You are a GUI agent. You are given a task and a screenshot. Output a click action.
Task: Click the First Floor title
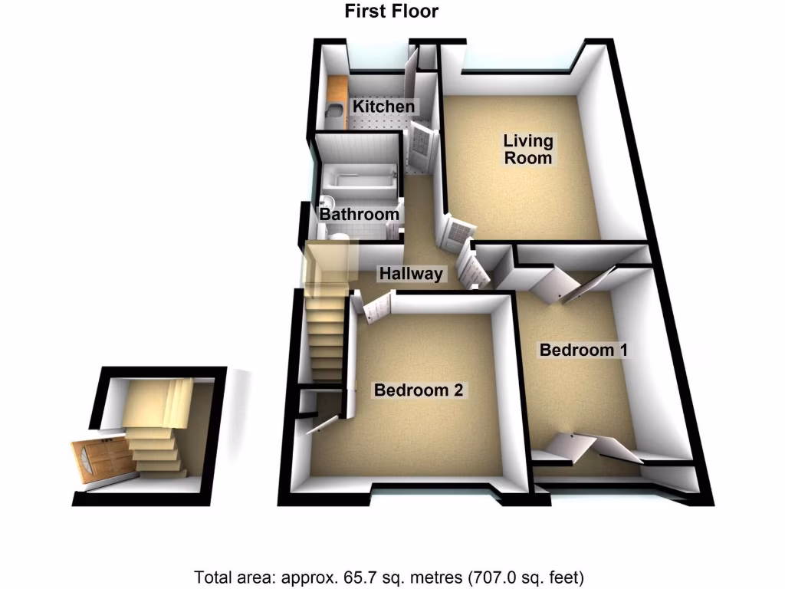coord(392,12)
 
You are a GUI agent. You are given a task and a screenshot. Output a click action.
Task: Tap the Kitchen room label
coord(383,107)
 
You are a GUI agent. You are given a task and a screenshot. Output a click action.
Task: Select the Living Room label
coord(527,150)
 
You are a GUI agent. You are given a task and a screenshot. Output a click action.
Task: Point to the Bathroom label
coord(359,215)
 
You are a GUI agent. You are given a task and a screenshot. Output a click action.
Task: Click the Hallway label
coord(412,274)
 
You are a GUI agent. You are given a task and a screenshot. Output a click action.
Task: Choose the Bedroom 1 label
coord(584,350)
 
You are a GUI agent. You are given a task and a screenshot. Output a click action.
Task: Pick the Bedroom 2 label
coord(419,390)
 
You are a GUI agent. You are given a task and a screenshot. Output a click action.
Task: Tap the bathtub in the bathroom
coord(360,181)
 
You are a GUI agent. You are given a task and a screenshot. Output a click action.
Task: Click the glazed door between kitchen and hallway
coord(421,147)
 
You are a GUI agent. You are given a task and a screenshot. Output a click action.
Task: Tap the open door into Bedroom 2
coord(376,308)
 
